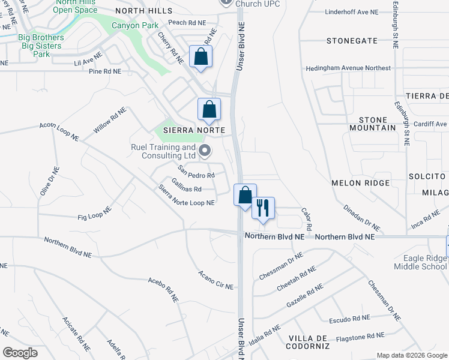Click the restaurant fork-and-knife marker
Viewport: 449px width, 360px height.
[263, 208]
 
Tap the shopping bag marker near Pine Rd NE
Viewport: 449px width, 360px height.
[200, 57]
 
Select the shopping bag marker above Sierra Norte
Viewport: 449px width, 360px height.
[209, 109]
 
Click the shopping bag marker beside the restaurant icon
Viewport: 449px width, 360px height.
[245, 195]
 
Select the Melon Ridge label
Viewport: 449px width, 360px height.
[361, 182]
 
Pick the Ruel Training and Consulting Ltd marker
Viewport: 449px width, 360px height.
[205, 151]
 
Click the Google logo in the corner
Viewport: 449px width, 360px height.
[20, 353]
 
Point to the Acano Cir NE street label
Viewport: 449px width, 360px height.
[215, 280]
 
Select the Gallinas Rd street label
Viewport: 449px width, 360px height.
[178, 188]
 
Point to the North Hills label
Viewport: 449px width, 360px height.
[144, 11]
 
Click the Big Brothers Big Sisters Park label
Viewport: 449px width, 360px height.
[40, 46]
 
